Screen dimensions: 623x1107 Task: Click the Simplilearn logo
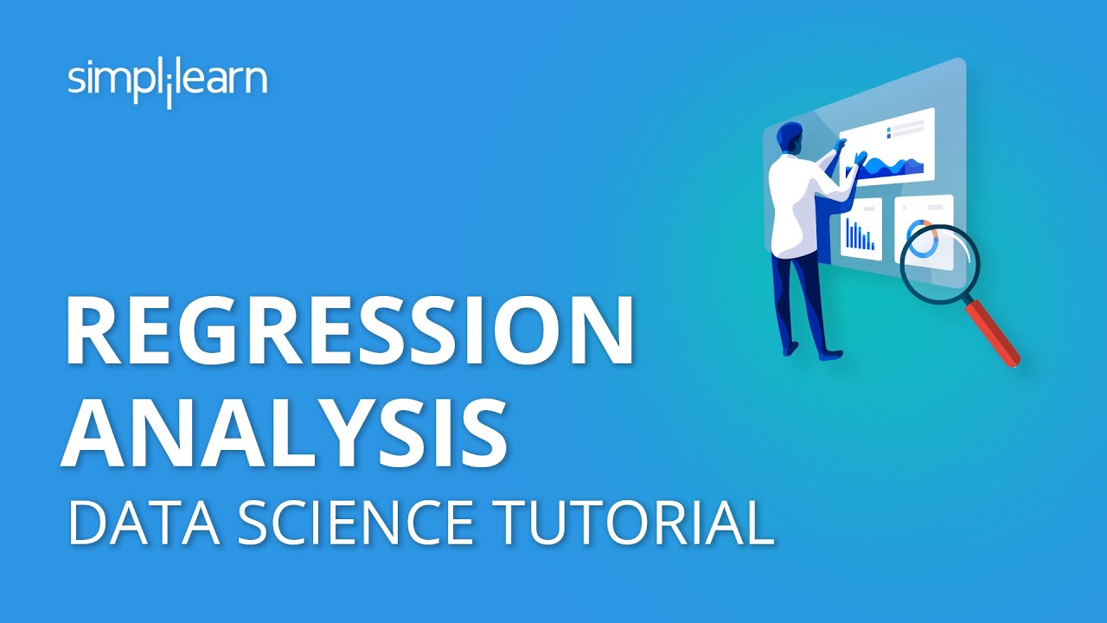coord(167,81)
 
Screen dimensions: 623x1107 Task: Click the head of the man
coord(790,137)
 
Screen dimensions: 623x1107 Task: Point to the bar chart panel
coord(861,229)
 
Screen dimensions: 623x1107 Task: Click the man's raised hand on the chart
coord(860,157)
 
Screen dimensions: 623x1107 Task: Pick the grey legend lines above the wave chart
coord(907,128)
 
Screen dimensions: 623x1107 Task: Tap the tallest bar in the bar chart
coord(848,233)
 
